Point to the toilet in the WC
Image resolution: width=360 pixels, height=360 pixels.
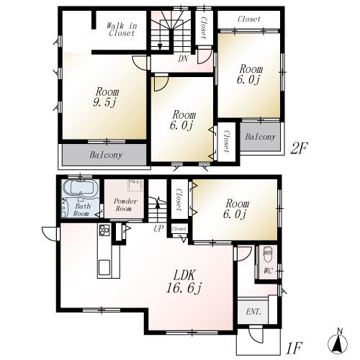pos(267,253)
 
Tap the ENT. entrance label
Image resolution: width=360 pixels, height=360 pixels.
pos(253,312)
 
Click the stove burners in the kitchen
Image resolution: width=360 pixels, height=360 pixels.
pos(103,230)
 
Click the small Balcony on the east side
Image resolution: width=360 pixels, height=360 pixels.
pos(259,137)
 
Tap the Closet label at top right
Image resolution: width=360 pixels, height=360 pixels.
pos(248,19)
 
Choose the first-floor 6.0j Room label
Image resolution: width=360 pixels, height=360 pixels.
pos(235,208)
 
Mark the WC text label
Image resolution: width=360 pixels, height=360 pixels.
pos(268,271)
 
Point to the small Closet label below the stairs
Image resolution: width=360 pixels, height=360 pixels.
pos(179,229)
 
